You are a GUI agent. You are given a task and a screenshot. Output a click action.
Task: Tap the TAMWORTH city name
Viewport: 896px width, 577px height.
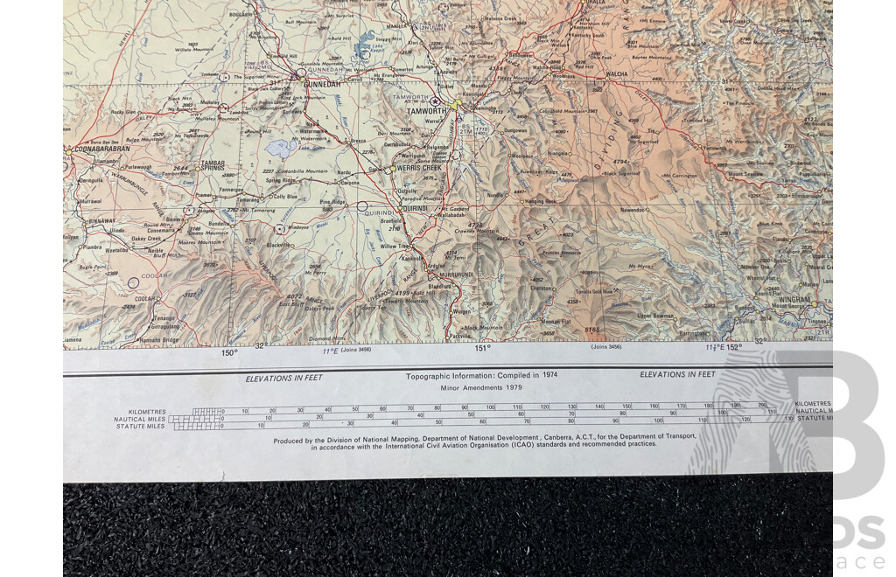(x=428, y=112)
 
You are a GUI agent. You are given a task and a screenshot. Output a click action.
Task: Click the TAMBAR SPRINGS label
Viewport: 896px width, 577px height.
(x=213, y=166)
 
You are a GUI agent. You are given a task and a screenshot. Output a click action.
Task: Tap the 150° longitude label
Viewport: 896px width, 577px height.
(x=228, y=353)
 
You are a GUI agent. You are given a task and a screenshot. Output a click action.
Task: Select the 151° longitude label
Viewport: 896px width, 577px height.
(x=481, y=348)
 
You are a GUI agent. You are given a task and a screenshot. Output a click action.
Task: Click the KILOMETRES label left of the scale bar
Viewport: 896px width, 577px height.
(x=147, y=411)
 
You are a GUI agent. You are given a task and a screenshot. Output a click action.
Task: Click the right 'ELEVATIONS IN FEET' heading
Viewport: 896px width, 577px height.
(x=677, y=374)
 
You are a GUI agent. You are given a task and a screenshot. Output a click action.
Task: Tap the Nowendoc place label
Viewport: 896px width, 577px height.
(x=635, y=211)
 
